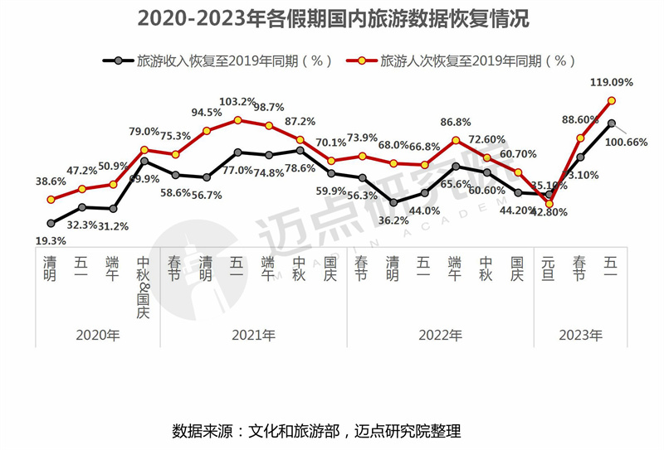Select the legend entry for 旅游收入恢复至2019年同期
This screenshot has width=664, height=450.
coord(224,60)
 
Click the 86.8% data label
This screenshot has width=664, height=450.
coord(456,122)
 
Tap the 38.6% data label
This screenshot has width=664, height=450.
coord(51,181)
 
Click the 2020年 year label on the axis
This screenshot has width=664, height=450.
coord(97,335)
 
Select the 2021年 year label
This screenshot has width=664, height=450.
coord(253,335)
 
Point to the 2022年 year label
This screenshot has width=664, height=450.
coord(440,335)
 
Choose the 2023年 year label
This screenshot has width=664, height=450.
coord(580,335)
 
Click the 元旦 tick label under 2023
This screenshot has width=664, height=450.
coord(549,269)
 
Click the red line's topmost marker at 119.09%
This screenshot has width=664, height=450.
coord(612,101)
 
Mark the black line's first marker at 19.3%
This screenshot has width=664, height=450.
coord(51,223)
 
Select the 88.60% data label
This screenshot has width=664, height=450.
coord(581,120)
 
